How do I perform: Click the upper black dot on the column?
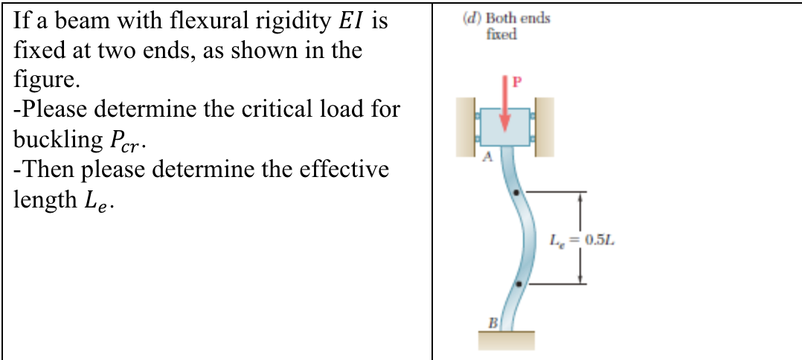coord(519,193)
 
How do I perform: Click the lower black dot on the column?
coord(519,283)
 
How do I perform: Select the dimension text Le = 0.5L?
coord(584,240)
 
